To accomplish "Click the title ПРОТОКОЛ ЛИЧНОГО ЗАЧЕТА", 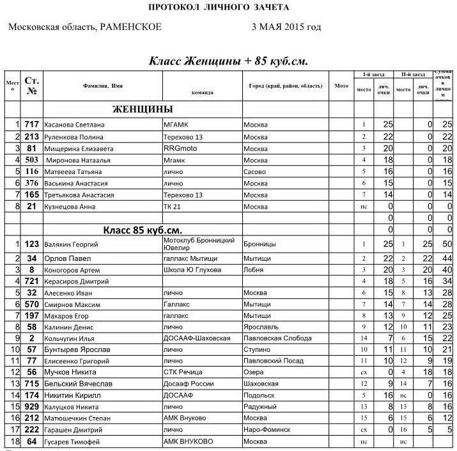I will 218,8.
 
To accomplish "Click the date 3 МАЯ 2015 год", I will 286,28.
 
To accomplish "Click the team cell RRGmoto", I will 183,148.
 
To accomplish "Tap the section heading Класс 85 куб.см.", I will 143,230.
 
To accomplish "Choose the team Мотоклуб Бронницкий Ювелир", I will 199,244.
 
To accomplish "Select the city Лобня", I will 254,270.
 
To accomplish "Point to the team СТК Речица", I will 183,372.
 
